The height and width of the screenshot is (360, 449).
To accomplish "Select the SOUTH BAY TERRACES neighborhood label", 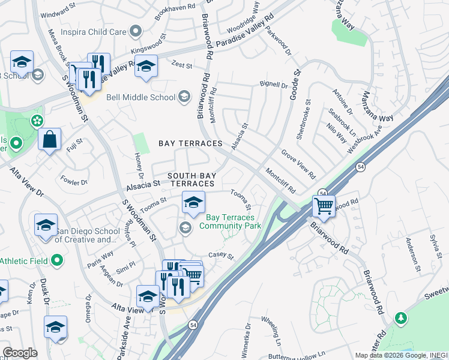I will coord(190,179).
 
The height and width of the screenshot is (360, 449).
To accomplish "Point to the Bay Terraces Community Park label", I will coord(230,221).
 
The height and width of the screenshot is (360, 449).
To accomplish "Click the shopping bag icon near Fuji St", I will coord(49,139).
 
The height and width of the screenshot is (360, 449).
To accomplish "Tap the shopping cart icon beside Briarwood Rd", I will coord(324,206).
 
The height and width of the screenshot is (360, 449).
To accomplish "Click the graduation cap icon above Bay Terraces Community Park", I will coord(193,202).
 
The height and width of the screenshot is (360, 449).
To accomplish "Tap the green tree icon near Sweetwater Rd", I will coord(400,317).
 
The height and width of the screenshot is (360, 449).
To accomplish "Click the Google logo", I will coord(20,353).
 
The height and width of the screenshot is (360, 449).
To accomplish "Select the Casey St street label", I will coord(220,256).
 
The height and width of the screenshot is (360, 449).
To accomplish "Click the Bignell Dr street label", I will coord(274,85).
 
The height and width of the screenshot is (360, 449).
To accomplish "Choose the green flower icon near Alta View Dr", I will coord(37,120).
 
